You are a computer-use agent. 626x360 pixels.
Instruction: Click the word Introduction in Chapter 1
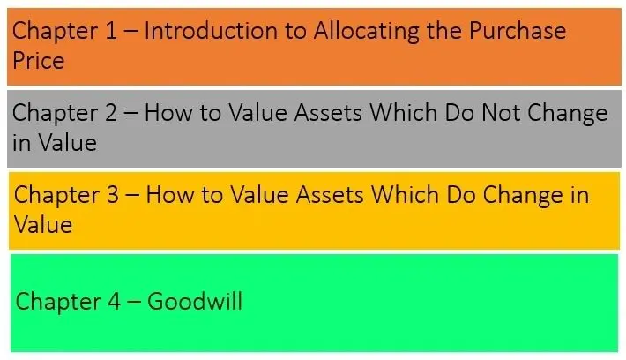pos(211,31)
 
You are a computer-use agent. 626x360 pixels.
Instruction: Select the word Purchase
pos(518,31)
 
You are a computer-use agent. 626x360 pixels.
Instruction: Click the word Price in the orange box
pos(38,61)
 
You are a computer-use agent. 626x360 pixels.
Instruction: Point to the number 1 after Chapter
pos(110,31)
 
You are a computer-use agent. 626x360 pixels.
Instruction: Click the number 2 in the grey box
pos(111,113)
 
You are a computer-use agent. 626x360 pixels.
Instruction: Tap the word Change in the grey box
pos(567,115)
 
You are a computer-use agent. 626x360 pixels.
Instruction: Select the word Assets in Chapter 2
pos(328,113)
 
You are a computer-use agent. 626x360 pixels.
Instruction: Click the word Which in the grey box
pos(403,113)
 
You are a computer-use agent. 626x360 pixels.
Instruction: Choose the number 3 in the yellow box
pos(113,195)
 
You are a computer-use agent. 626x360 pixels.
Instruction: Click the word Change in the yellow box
pos(522,197)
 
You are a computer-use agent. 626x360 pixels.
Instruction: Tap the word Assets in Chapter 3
pos(330,195)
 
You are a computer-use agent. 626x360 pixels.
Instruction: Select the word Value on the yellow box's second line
pos(43,224)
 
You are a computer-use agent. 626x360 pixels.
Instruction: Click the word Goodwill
pos(195,301)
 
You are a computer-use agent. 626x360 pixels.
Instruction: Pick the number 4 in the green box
pos(115,301)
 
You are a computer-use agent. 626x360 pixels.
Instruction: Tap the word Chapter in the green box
pos(58,303)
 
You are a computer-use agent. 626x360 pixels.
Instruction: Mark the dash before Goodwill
pos(134,302)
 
